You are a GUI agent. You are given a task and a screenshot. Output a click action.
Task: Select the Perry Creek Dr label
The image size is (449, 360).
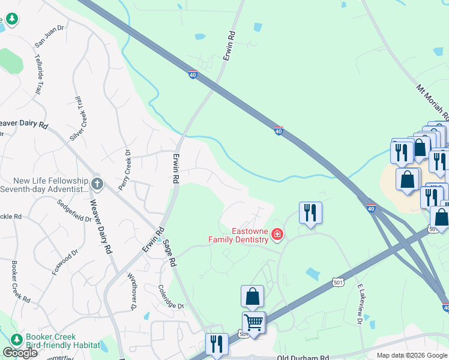(x=125, y=171)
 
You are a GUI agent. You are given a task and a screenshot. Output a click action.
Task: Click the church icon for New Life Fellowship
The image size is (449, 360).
(x=98, y=184)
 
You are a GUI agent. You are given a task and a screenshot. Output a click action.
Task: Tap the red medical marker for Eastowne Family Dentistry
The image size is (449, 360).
(x=277, y=234)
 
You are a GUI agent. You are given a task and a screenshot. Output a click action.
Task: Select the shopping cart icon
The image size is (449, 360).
(x=253, y=323)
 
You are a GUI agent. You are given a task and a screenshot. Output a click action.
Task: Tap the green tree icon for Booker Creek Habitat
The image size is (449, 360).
(x=16, y=340)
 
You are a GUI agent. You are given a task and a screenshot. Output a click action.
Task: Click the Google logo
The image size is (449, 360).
(x=20, y=353)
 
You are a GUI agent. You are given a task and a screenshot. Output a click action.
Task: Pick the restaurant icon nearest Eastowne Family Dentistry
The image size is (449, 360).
(x=310, y=212)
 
